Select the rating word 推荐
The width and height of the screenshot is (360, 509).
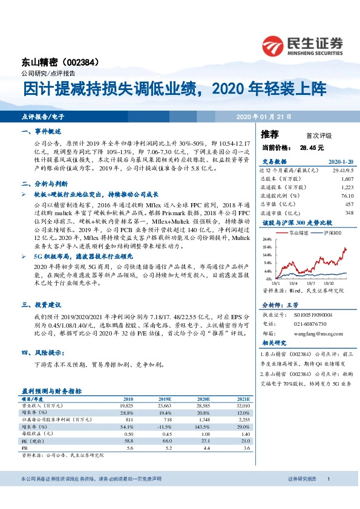click(x=269, y=135)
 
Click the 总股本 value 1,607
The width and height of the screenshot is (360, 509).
click(x=330, y=180)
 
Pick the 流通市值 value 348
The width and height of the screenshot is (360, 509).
click(x=332, y=213)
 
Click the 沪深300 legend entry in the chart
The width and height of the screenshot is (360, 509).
click(x=332, y=232)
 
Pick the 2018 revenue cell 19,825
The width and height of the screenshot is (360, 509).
click(x=128, y=406)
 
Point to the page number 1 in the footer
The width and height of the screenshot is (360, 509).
click(x=328, y=479)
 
